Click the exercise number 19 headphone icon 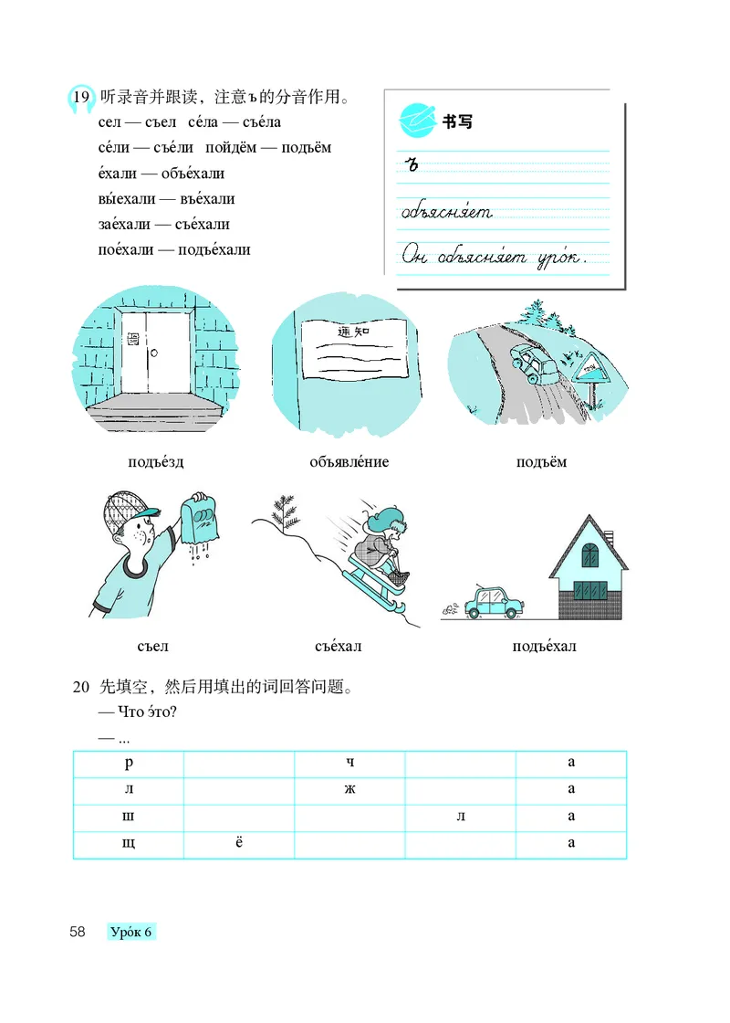[x=79, y=98]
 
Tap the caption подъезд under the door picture [x=155, y=462]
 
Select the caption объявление [x=349, y=462]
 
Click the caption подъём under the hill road [x=541, y=462]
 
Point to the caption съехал [x=339, y=648]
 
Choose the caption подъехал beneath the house [x=545, y=648]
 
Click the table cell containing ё [x=239, y=842]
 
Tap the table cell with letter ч [x=349, y=764]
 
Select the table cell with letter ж [x=349, y=789]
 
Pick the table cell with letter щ [x=128, y=842]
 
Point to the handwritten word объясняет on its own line [x=446, y=213]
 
